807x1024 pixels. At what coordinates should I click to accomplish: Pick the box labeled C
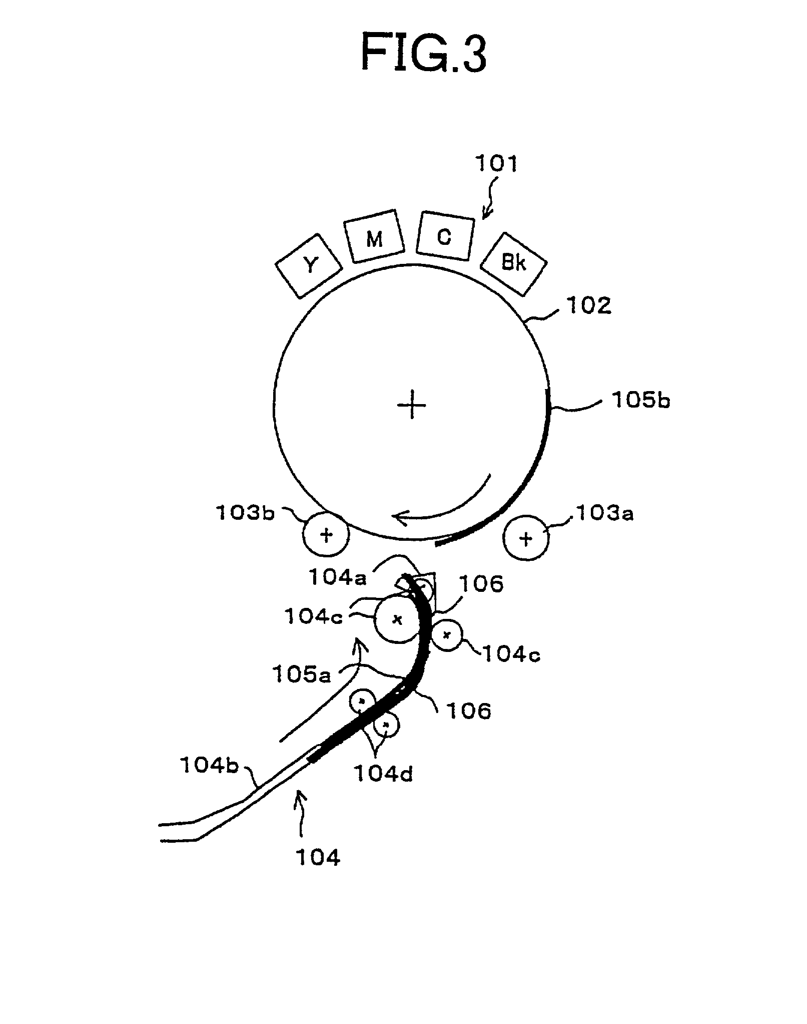click(x=445, y=235)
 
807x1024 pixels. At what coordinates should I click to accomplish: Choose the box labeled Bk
click(x=513, y=263)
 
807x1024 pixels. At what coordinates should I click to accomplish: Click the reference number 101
click(x=496, y=164)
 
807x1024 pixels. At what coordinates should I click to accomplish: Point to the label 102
click(x=588, y=306)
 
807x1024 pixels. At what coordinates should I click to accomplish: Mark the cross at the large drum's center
click(x=411, y=405)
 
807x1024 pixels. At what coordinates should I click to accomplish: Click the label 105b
click(x=641, y=401)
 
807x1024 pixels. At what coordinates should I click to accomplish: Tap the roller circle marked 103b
click(x=326, y=535)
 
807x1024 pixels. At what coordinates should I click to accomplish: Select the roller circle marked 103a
click(x=526, y=539)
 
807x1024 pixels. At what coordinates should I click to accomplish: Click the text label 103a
click(x=605, y=513)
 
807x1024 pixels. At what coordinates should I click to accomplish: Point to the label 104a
click(x=338, y=577)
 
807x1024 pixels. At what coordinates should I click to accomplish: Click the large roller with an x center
click(x=397, y=620)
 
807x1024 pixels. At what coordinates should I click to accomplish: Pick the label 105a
click(x=302, y=674)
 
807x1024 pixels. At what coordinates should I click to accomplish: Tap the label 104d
click(x=384, y=774)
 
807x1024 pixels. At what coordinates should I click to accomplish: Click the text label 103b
click(x=245, y=513)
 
